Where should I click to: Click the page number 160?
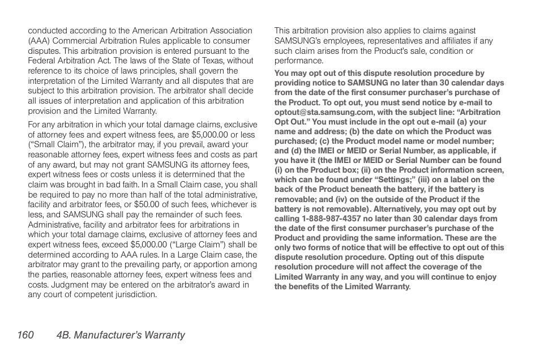pyautogui.click(x=25, y=335)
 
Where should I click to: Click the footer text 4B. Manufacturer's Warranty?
pyautogui.click(x=121, y=335)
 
